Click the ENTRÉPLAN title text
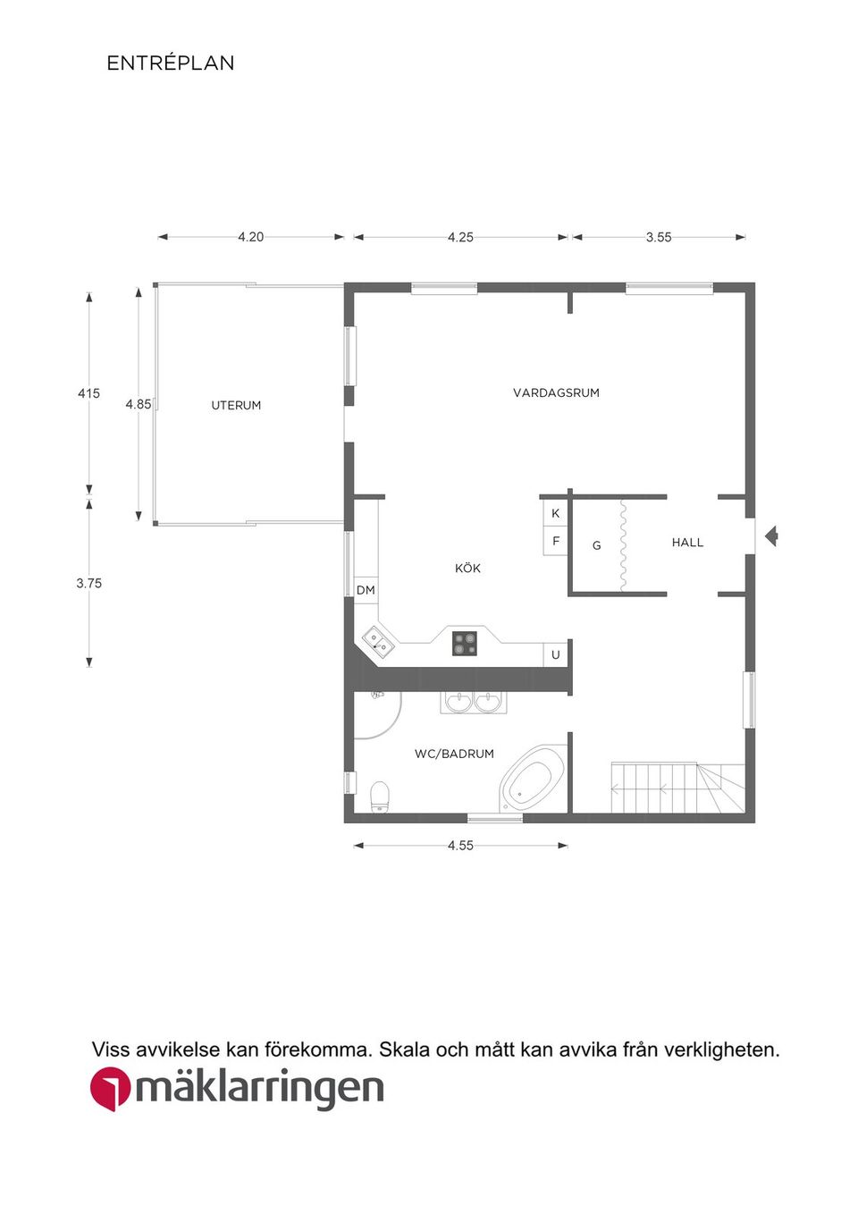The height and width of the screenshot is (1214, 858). [171, 63]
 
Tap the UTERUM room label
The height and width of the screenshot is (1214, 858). [236, 405]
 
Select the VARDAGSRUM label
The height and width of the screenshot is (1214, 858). [556, 392]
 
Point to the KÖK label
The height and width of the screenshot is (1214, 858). [467, 568]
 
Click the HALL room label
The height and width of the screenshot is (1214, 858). [687, 542]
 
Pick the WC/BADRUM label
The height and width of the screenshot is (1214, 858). [454, 754]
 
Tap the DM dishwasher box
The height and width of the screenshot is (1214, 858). [366, 590]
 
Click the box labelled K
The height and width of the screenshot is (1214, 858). [555, 513]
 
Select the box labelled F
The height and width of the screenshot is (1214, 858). [555, 540]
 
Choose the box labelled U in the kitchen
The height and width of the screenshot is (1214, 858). [555, 654]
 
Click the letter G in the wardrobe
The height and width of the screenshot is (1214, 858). [596, 545]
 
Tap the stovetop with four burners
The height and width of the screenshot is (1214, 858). [466, 644]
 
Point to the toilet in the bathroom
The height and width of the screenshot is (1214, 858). [380, 797]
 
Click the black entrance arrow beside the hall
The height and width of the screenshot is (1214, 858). [771, 536]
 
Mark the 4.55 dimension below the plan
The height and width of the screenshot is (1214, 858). [460, 846]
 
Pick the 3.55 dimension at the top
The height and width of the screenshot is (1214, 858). [659, 237]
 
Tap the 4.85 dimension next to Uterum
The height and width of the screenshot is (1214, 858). [139, 404]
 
